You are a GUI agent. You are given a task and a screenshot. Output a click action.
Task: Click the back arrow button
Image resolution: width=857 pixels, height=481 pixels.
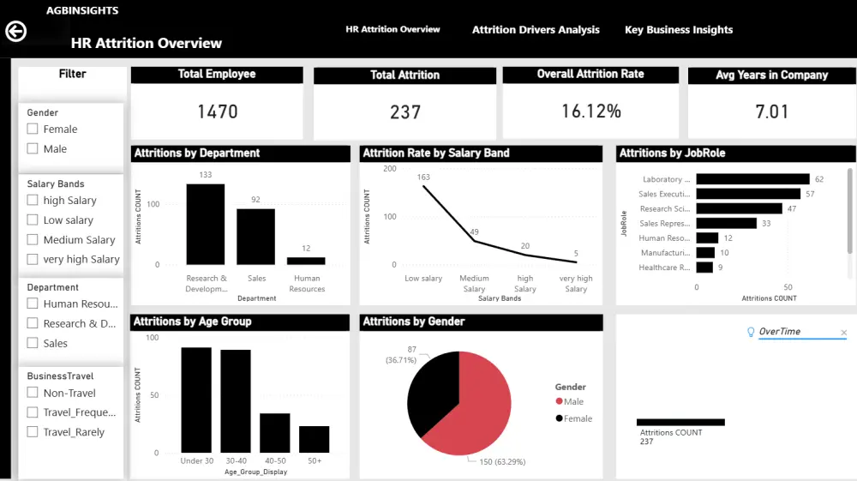point(15,32)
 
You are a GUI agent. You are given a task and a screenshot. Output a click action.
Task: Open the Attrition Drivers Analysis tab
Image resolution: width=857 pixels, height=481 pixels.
point(536,30)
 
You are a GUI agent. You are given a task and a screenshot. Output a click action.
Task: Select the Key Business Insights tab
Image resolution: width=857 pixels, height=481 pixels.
point(679,30)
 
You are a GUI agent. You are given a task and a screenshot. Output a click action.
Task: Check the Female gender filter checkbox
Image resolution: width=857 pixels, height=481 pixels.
point(33,129)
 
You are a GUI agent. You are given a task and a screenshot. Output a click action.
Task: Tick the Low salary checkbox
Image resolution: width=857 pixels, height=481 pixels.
point(33,220)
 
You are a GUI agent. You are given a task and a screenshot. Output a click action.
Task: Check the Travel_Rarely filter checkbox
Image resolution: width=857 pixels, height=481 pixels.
point(33,432)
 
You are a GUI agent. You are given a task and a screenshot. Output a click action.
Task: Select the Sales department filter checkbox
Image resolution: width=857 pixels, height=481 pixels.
point(33,343)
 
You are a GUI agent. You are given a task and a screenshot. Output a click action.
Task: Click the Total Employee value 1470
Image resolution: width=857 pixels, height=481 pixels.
point(217,111)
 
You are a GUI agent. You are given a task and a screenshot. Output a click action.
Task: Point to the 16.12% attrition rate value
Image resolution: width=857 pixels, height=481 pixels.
point(590,111)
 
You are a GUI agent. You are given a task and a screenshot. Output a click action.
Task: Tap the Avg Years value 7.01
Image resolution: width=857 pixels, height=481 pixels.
point(771,111)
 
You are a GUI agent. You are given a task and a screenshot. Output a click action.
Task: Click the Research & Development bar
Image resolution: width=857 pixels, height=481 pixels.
point(205,225)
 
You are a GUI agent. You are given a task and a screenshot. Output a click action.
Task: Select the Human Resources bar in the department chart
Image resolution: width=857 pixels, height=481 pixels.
point(306,261)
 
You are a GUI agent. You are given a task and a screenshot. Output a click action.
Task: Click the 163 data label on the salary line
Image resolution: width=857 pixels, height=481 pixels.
point(423,177)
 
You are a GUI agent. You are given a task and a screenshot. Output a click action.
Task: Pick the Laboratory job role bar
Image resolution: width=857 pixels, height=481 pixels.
point(752,179)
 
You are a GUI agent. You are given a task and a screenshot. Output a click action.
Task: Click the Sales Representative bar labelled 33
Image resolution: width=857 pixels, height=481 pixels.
point(726,223)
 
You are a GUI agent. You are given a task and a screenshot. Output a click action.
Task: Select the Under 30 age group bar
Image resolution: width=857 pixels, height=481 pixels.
point(196,400)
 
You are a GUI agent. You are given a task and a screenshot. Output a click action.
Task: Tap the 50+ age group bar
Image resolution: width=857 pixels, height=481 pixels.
point(314,439)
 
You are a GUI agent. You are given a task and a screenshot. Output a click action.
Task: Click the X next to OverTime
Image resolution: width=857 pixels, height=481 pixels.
point(843,333)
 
